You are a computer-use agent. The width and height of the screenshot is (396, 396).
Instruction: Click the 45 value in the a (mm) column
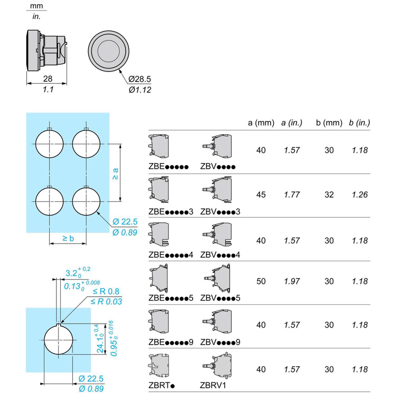(261, 195)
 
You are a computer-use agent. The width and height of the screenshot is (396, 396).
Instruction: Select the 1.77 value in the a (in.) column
(292, 195)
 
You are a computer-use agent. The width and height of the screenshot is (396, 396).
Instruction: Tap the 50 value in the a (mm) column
(261, 281)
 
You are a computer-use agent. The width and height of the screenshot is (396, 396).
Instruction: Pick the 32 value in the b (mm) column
(329, 195)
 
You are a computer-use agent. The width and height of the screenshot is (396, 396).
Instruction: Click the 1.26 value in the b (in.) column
(359, 195)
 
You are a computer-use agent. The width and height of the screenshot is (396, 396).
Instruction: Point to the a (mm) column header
(261, 123)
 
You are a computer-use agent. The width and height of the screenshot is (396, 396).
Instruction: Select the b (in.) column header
(359, 123)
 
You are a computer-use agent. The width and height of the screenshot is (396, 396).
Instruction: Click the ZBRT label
(161, 385)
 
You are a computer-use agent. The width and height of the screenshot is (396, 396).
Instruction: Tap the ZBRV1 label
(213, 385)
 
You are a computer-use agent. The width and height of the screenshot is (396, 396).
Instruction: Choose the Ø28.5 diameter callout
(140, 79)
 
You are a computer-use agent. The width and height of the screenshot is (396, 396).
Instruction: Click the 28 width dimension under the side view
(48, 79)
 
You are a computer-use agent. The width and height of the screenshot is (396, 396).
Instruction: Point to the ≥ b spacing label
(68, 238)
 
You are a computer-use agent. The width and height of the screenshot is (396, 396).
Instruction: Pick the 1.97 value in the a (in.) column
(292, 281)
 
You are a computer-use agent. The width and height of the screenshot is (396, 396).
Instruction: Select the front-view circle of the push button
(109, 51)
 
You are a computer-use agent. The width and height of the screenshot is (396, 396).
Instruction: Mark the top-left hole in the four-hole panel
(49, 144)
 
